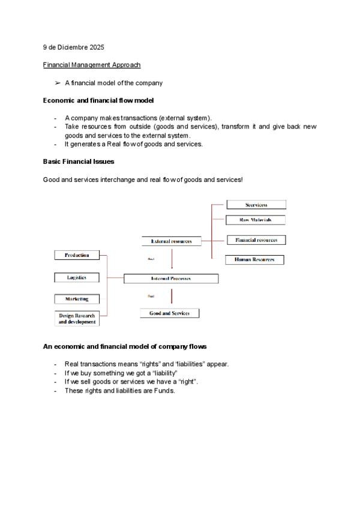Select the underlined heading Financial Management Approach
pos(92,65)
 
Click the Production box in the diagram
pos(76,255)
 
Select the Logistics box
pos(76,277)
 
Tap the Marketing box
pos(76,298)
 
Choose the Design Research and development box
pos(76,318)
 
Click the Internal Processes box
pos(171,279)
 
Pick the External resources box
pos(171,241)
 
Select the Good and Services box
pos(169,313)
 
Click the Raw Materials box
pos(256,220)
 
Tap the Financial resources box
pos(256,240)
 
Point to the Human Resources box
pos(254,260)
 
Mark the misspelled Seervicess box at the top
pos(256,205)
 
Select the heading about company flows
pos(125,346)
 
